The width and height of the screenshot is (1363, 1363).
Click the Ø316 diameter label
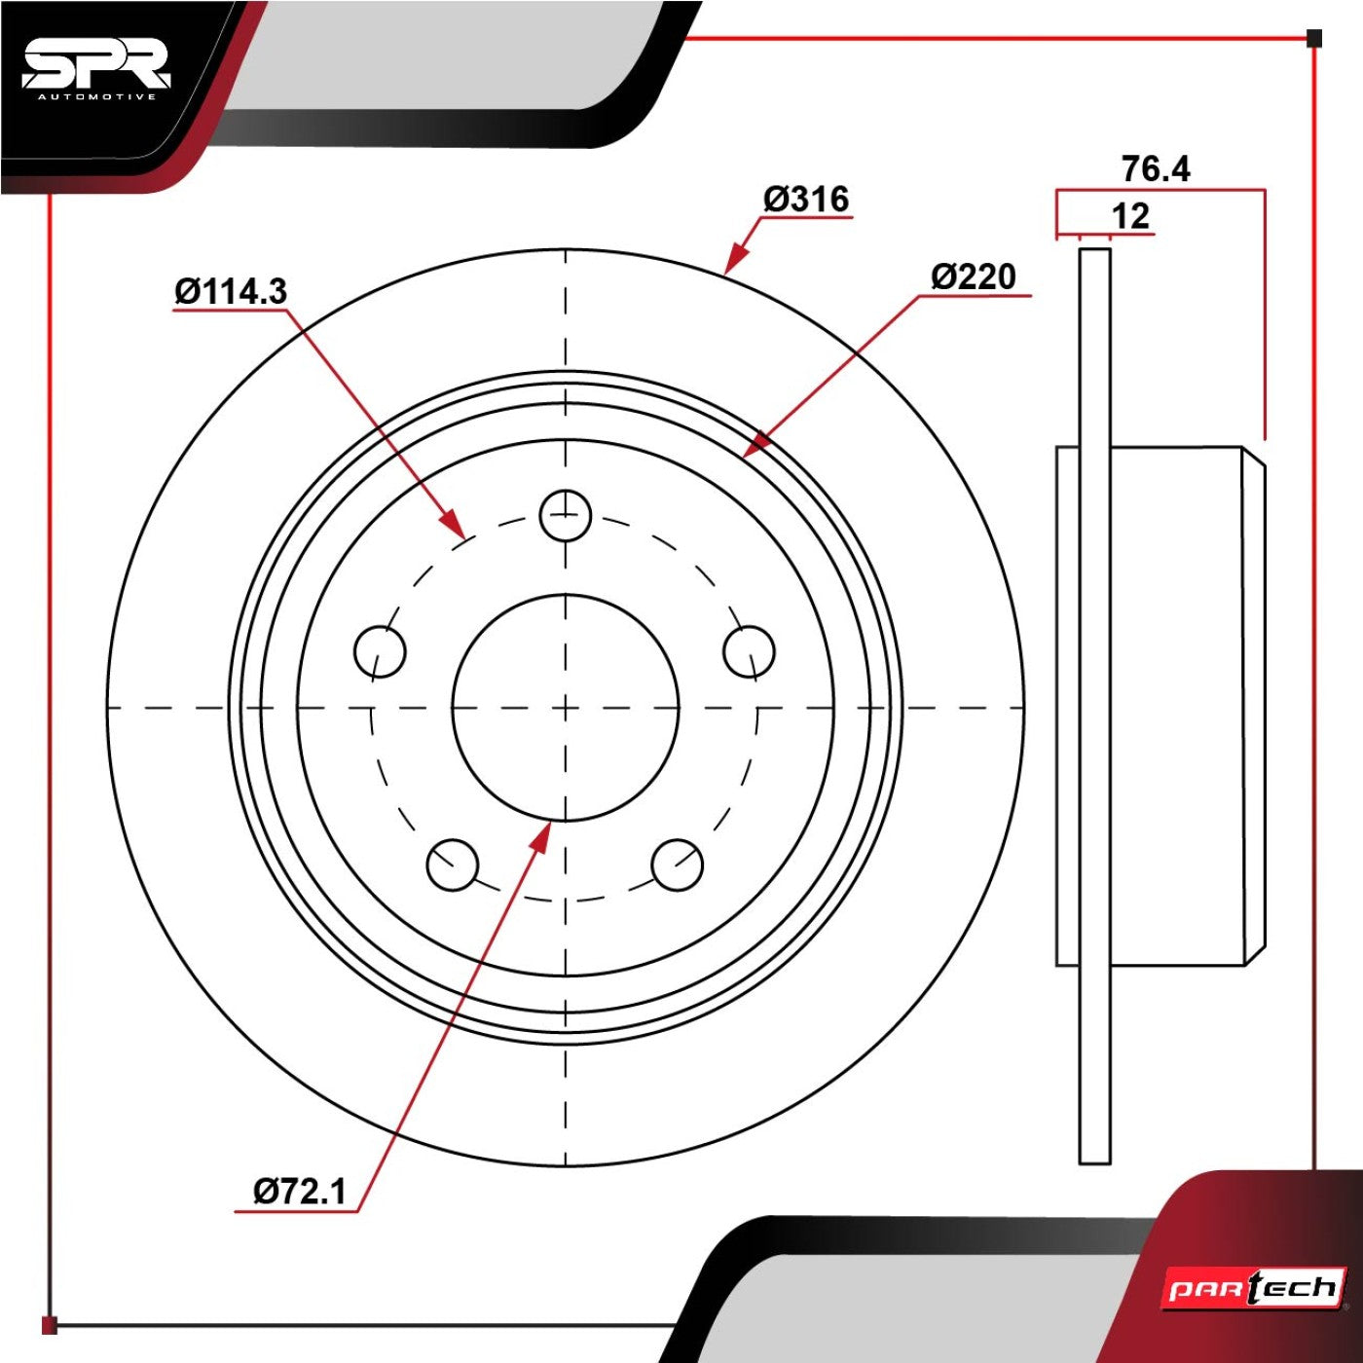coord(806,200)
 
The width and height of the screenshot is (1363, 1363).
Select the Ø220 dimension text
coord(974,276)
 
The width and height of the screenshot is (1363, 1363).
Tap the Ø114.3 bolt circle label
coord(232,291)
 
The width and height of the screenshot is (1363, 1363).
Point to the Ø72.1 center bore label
coord(300,1192)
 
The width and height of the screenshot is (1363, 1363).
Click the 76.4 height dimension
coord(1156,169)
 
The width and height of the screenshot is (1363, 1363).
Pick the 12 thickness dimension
coord(1130,216)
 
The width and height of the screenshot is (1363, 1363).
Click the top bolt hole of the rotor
coord(565,515)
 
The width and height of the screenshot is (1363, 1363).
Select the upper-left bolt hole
coord(380,651)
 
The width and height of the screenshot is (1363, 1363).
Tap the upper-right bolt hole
coord(750,651)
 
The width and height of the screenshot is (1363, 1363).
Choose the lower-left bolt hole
coord(453,866)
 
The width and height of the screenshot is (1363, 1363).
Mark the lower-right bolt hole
coord(677,866)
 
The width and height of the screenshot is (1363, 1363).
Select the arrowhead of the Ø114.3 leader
coord(454,524)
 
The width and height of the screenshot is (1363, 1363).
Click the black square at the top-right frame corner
coord(1313,38)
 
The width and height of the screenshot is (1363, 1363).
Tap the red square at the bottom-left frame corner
coord(50,1324)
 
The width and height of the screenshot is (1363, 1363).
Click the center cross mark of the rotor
coord(565,708)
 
